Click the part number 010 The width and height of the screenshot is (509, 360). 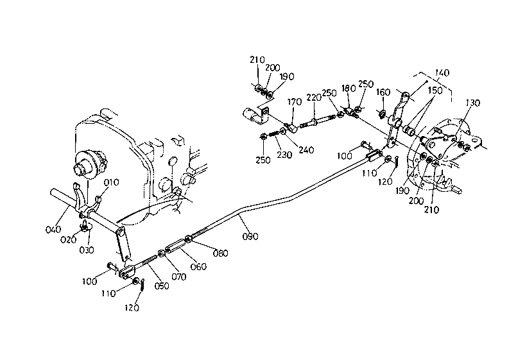pyautogui.click(x=111, y=182)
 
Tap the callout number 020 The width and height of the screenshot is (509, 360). pyautogui.click(x=68, y=239)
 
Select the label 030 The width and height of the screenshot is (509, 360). pyautogui.click(x=87, y=250)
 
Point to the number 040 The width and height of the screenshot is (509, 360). pyautogui.click(x=53, y=229)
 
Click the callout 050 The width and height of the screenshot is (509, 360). pyautogui.click(x=162, y=286)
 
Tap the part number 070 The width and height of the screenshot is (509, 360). pyautogui.click(x=179, y=277)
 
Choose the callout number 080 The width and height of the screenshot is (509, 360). pyautogui.click(x=220, y=253)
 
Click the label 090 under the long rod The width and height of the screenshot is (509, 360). pyautogui.click(x=250, y=236)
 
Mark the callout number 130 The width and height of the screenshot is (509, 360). pyautogui.click(x=472, y=103)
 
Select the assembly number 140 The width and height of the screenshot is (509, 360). pyautogui.click(x=442, y=73)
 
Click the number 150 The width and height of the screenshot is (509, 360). pyautogui.click(x=435, y=90)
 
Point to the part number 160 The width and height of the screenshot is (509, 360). pyautogui.click(x=383, y=92)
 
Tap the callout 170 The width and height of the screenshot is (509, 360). pyautogui.click(x=295, y=101)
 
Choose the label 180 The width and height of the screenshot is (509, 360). pyautogui.click(x=349, y=88)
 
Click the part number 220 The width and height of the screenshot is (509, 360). pyautogui.click(x=314, y=98)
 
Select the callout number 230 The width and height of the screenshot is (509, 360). pyautogui.click(x=284, y=155)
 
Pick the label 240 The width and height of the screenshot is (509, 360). pyautogui.click(x=306, y=150)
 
